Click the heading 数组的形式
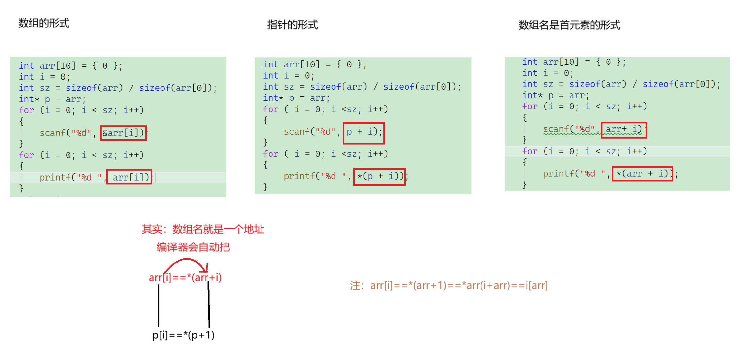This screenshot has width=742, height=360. [x=44, y=23]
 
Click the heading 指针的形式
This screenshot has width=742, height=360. [x=292, y=25]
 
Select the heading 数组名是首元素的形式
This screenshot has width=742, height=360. [x=569, y=25]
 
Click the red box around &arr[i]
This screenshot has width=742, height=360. [x=123, y=133]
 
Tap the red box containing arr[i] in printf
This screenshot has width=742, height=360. [x=129, y=177]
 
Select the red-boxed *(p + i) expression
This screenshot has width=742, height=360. [x=379, y=177]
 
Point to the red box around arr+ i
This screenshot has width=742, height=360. [x=624, y=130]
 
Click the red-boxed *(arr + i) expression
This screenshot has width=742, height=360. [x=642, y=174]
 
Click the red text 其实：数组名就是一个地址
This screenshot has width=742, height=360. [x=203, y=229]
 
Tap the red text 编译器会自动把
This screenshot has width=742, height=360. [x=193, y=247]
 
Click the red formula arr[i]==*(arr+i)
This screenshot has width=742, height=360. [x=185, y=278]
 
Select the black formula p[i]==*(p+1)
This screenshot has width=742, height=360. [x=183, y=335]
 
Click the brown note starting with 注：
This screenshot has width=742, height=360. [x=449, y=285]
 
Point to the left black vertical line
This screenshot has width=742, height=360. [x=159, y=305]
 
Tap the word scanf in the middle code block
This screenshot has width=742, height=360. [x=299, y=132]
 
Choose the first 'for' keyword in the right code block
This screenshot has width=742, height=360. [x=530, y=107]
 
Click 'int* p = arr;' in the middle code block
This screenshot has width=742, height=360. [x=296, y=98]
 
